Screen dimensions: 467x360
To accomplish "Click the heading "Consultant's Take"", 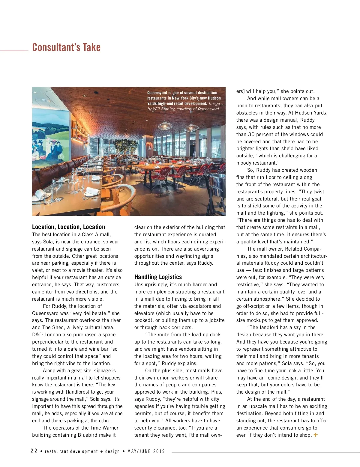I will pyautogui.click(x=66, y=47).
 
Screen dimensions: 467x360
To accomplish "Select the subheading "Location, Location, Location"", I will pyautogui.click(x=68, y=227).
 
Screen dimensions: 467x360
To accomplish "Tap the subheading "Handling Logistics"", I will pyautogui.click(x=158, y=277).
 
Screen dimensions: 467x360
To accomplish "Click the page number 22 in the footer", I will pyautogui.click(x=34, y=451).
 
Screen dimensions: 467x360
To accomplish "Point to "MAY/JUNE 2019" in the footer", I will pyautogui.click(x=146, y=451).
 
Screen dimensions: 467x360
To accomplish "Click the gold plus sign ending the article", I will pyautogui.click(x=316, y=435).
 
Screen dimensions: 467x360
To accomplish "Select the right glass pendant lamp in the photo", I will pyautogui.click(x=191, y=126).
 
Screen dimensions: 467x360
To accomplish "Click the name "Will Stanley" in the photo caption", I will pyautogui.click(x=164, y=109).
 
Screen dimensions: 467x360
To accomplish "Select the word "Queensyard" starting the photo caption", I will pyautogui.click(x=157, y=93).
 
